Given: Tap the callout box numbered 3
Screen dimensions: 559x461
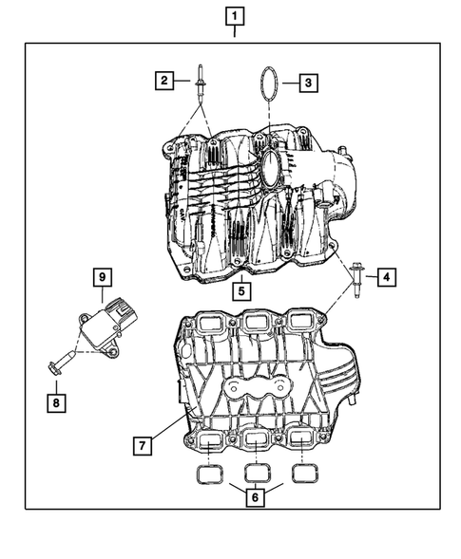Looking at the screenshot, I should pos(309,84).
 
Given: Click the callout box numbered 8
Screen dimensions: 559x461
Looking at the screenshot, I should pos(56,401).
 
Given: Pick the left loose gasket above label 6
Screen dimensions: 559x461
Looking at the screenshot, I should pos(210,473).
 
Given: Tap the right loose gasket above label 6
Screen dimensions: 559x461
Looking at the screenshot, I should pos(302,473).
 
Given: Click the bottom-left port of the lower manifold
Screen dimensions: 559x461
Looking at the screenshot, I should pos(208,439).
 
